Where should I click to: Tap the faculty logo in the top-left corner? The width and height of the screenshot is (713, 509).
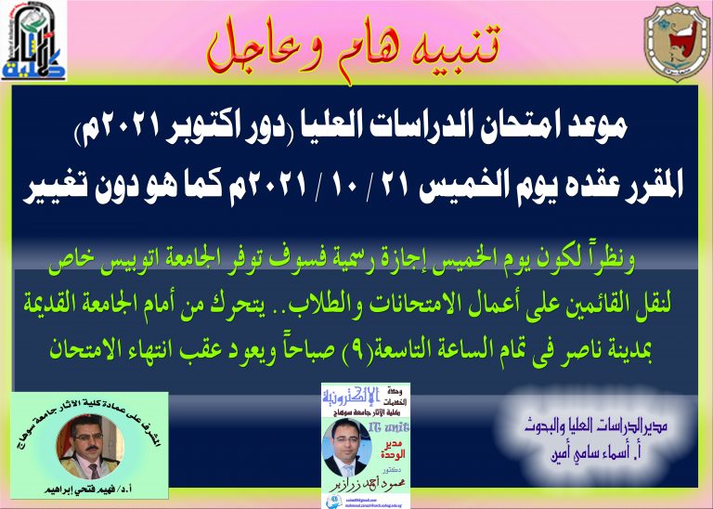coord(34,43)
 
